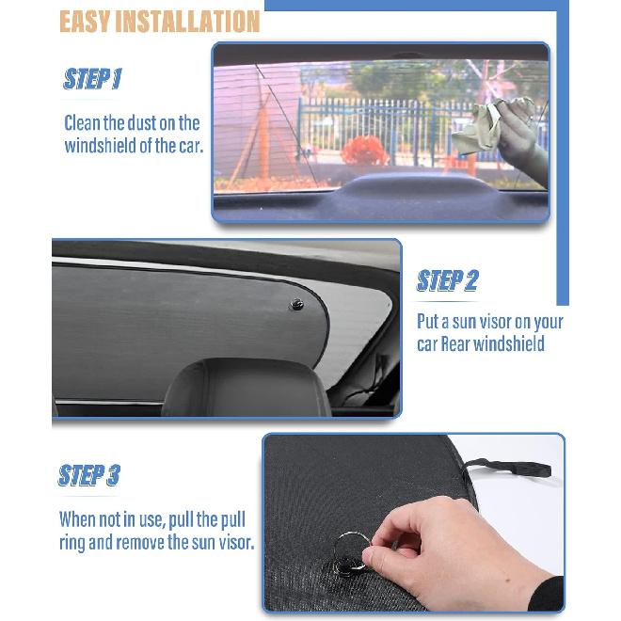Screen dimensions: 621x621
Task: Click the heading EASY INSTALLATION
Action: point(160,21)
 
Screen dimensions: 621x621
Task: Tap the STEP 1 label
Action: point(92,79)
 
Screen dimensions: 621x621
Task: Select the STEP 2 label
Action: point(448,280)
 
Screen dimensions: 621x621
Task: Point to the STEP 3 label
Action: point(88,475)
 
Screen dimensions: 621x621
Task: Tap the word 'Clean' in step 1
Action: point(84,123)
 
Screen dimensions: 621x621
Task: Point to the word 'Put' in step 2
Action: point(429,322)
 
